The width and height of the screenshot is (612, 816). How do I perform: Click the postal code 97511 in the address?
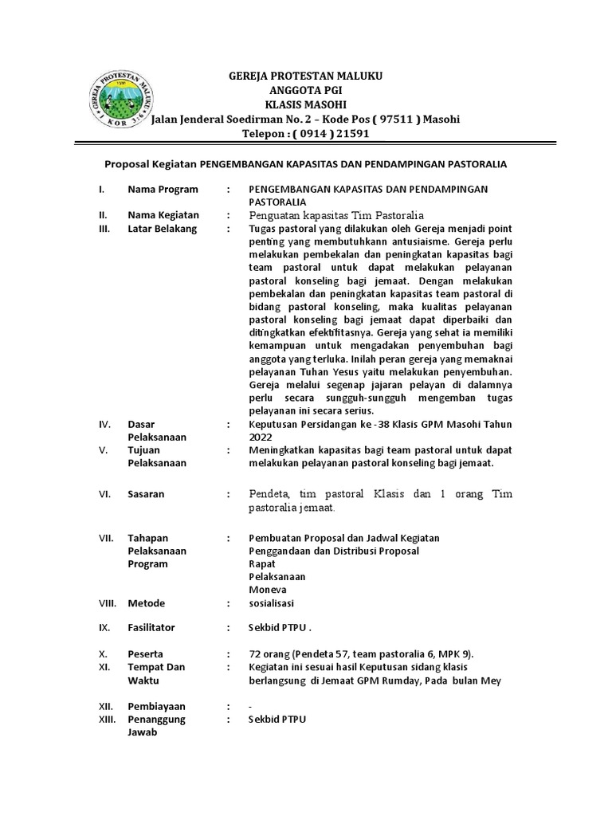click(393, 120)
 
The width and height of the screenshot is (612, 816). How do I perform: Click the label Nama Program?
click(163, 190)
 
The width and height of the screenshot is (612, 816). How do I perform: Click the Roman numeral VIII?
click(107, 603)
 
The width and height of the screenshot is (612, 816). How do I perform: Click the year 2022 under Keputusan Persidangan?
click(261, 437)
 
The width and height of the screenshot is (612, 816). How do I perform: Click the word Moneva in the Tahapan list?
click(267, 589)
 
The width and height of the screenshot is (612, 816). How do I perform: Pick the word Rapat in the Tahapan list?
click(262, 563)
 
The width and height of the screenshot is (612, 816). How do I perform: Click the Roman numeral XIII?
click(107, 719)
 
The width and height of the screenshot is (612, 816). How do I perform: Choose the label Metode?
click(146, 603)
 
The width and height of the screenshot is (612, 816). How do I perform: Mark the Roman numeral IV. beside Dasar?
click(105, 425)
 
